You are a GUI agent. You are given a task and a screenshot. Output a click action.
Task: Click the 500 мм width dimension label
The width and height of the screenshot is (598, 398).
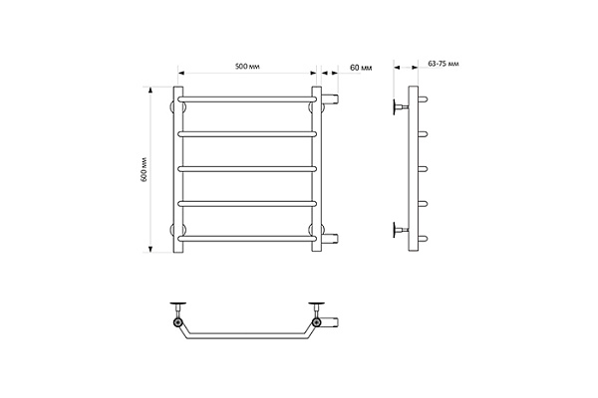247,67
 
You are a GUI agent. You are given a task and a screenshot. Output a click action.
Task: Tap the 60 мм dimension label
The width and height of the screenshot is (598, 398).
361,68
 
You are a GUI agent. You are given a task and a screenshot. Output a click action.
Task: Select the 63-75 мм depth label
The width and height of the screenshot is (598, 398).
444,64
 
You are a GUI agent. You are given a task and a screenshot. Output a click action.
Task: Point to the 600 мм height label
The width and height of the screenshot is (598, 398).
144,169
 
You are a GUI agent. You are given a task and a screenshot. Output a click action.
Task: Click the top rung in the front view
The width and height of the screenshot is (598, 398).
247,99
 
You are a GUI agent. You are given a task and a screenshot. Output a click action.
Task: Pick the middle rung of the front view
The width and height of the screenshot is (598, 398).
247,169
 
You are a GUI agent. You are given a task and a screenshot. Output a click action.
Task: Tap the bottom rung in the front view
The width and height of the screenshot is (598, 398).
247,239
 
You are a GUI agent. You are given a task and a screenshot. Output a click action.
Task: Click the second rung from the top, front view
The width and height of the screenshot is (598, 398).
247,134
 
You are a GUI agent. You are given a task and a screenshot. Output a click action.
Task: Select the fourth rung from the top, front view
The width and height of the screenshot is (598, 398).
247,204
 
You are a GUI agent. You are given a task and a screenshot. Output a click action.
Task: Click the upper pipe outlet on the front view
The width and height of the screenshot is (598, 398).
330,99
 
